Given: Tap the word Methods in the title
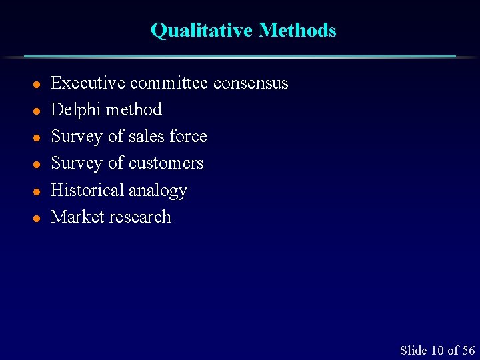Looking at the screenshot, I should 297,31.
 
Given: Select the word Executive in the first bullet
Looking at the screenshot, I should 88,83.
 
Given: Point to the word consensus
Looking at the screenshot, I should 251,84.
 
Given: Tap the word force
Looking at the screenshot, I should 188,137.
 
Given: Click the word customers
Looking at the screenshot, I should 166,163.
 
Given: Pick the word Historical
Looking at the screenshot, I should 87,191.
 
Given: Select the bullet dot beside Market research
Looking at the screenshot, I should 38,219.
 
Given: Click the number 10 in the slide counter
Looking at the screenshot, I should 437,351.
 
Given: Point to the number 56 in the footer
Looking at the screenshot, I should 468,351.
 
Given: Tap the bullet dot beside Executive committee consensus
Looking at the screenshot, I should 38,85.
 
